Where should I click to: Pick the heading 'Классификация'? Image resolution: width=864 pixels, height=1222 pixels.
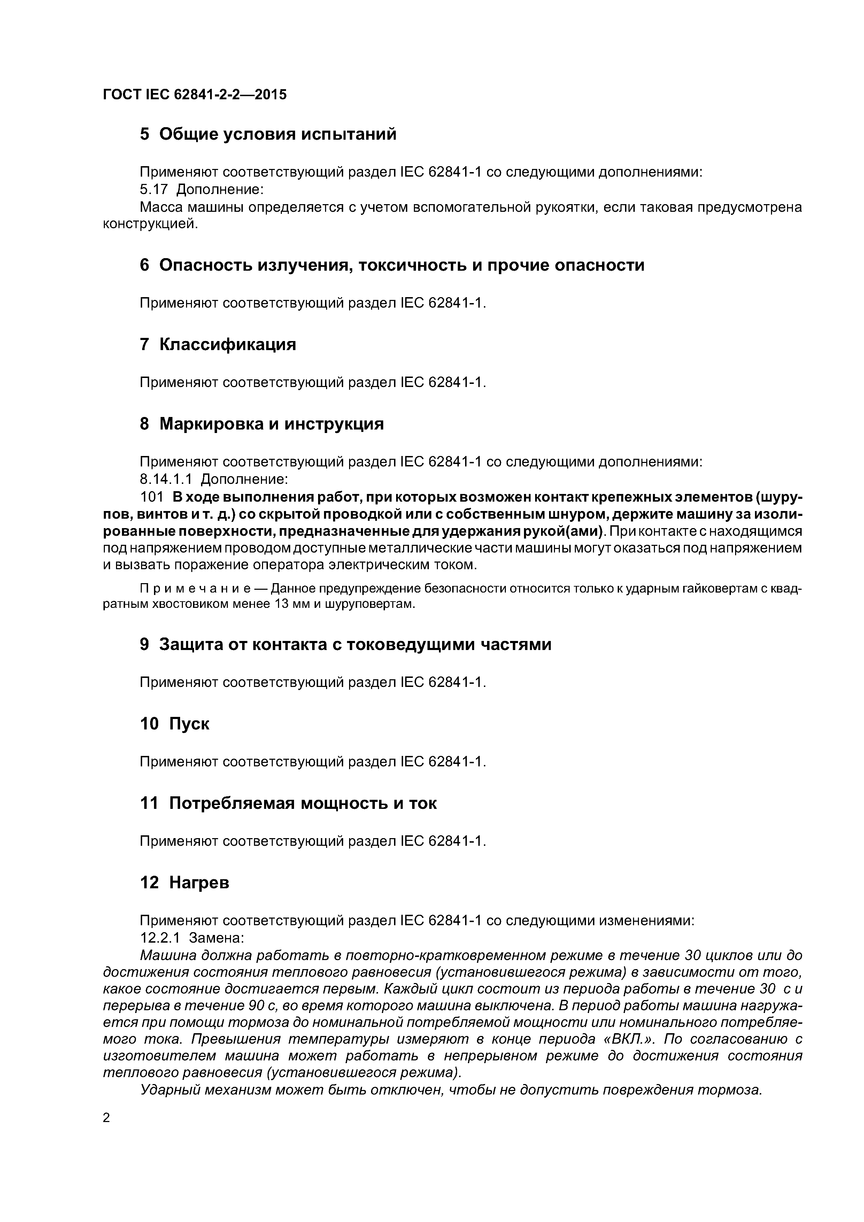tap(228, 345)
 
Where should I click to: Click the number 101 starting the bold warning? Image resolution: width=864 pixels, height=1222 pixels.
tap(152, 497)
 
